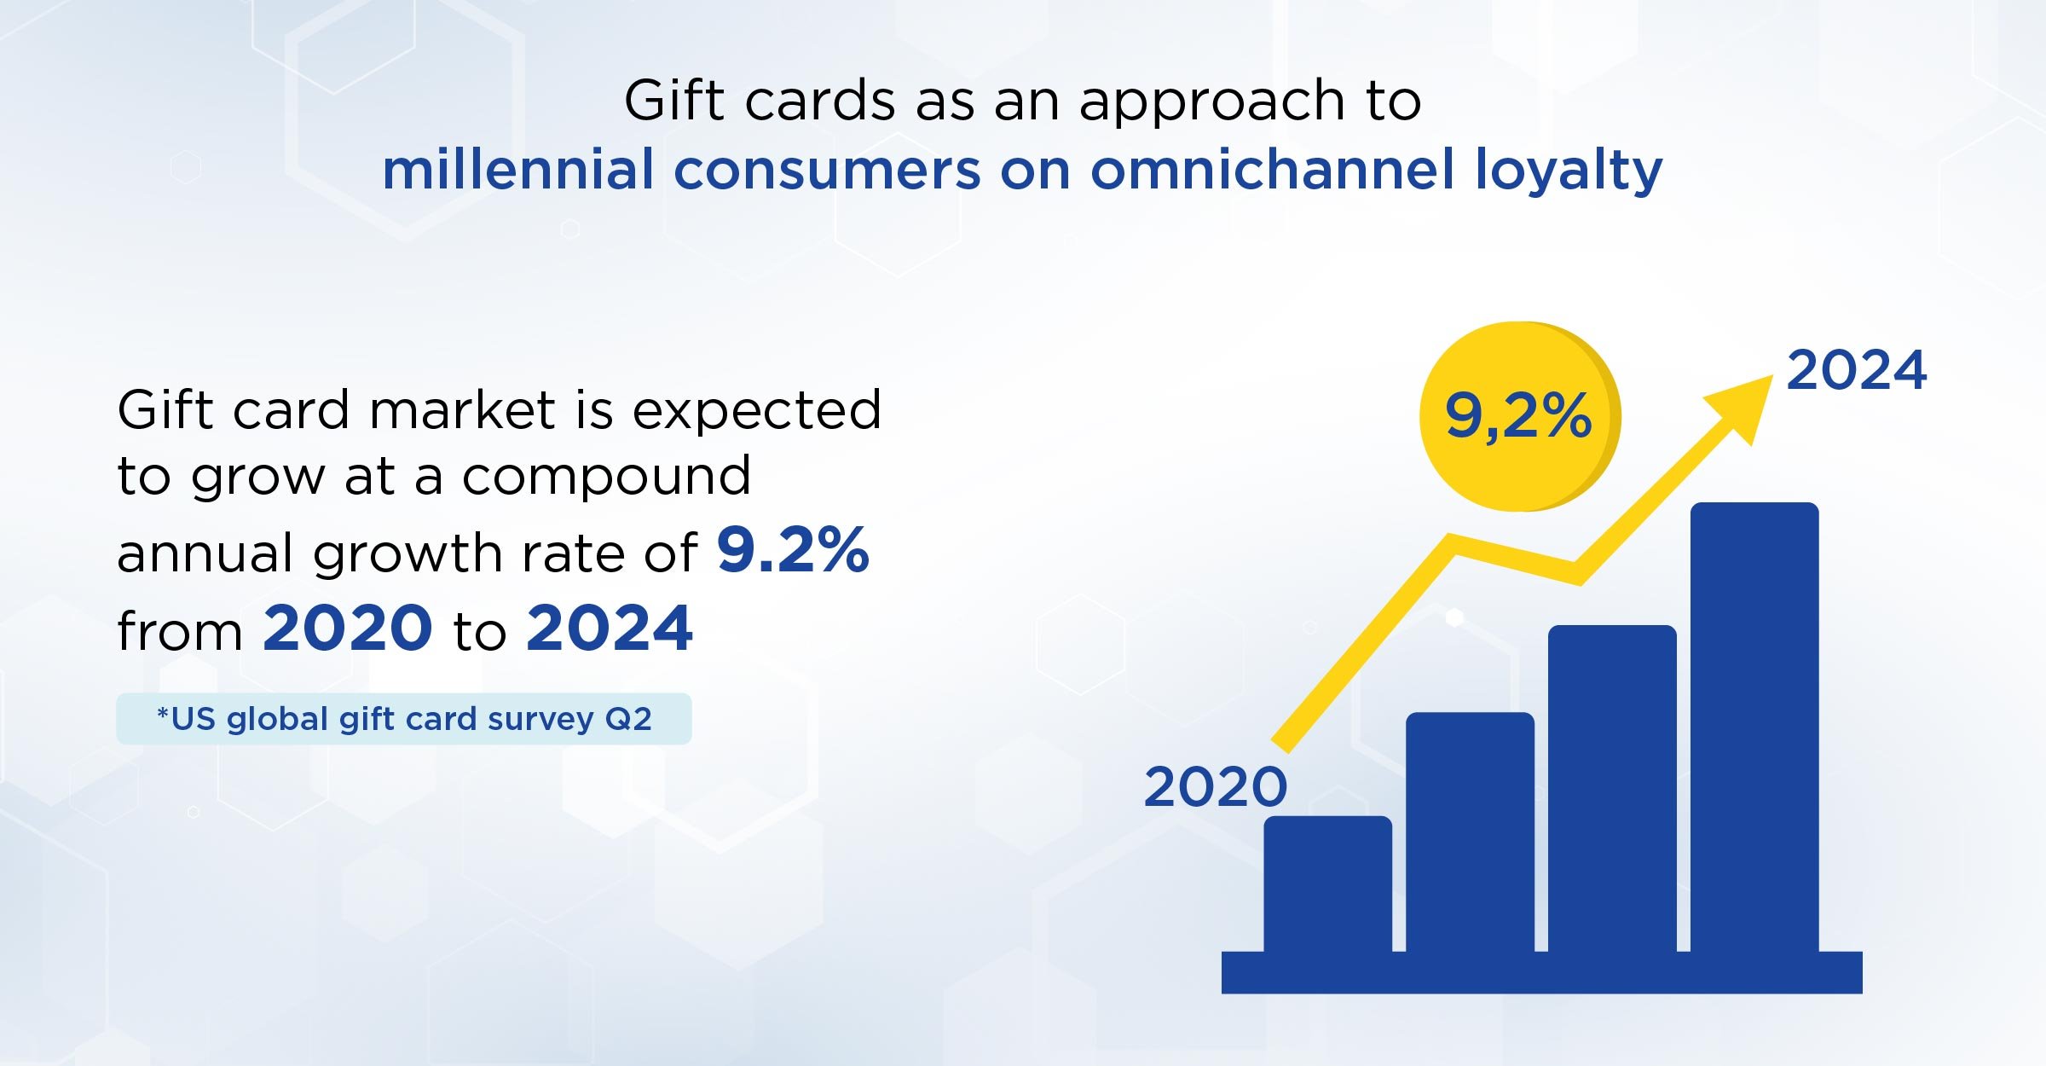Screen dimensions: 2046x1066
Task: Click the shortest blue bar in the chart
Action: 1327,884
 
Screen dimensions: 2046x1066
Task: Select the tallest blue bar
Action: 1754,727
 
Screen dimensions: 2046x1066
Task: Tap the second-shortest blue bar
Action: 1470,831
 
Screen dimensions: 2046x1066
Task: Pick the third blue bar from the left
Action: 1612,788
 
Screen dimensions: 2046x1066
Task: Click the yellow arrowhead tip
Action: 1773,376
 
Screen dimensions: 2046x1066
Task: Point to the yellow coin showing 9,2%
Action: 1520,416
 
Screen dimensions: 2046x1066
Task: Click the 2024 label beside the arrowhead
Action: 1856,370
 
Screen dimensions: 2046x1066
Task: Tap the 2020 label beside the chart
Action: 1215,786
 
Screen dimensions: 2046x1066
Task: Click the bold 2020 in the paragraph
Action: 348,628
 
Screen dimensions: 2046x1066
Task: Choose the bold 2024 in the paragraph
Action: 610,628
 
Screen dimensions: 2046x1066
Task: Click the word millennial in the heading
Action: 518,169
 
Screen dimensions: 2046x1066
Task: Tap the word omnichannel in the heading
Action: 1272,169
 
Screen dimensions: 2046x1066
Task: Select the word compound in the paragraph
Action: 606,475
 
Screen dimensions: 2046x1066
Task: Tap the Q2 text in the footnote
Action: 628,719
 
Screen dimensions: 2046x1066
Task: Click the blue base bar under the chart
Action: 1541,972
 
